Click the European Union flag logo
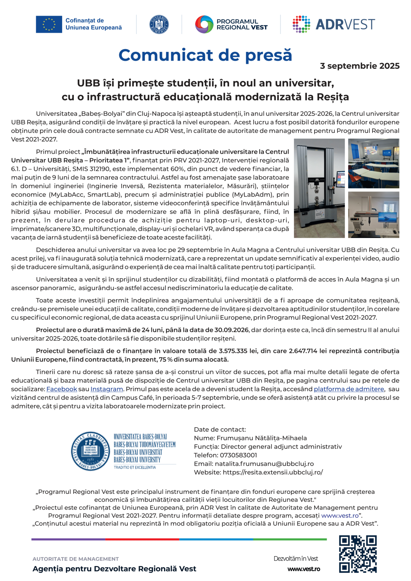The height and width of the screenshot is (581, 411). click(x=49, y=24)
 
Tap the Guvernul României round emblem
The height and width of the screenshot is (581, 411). click(x=159, y=24)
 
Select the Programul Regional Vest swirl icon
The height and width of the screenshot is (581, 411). click(x=204, y=24)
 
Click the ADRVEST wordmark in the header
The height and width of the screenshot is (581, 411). click(x=345, y=24)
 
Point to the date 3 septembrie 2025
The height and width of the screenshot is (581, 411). click(x=360, y=66)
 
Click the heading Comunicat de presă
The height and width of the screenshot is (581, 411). click(x=205, y=55)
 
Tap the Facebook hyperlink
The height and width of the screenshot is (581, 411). click(x=62, y=389)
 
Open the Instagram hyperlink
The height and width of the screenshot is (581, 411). click(x=106, y=389)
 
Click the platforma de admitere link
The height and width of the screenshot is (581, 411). click(x=349, y=389)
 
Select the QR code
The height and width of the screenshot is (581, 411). click(x=358, y=554)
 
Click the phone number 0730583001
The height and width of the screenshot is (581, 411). click(x=238, y=455)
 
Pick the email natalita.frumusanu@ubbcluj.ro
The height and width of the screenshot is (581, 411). click(x=264, y=464)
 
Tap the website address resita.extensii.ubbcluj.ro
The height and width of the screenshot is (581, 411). click(x=273, y=472)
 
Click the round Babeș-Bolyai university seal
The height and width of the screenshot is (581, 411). click(x=90, y=451)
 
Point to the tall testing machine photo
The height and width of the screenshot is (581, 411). click(x=319, y=188)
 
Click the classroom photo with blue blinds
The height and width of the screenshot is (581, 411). click(x=374, y=163)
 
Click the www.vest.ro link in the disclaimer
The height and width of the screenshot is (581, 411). click(x=340, y=516)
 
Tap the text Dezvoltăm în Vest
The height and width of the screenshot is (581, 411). click(x=296, y=559)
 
